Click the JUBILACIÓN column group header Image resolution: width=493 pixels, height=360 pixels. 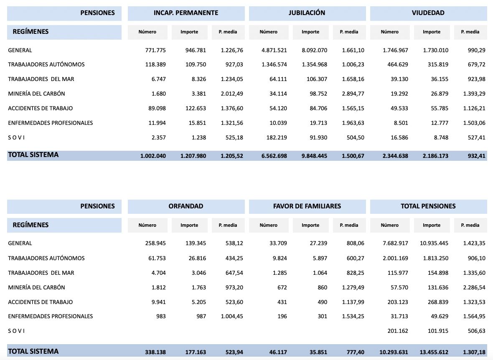(307, 13)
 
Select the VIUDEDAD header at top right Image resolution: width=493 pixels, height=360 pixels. (428, 13)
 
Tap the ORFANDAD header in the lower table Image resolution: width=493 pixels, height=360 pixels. (186, 206)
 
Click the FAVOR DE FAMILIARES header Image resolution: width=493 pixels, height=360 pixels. (307, 206)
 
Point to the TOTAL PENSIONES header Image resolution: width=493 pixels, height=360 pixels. (428, 206)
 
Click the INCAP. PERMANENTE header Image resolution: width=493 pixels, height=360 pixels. (186, 13)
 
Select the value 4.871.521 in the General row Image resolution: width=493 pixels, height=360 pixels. (274, 51)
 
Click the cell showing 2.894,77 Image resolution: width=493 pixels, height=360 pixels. (353, 94)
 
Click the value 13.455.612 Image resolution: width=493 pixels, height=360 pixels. (435, 352)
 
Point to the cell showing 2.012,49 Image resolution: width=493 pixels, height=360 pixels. (231, 94)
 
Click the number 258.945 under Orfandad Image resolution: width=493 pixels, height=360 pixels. (155, 243)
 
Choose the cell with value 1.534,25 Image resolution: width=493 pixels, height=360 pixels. (353, 316)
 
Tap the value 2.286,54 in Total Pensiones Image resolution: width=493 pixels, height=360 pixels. (473, 287)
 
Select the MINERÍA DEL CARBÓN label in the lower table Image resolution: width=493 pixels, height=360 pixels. (36, 287)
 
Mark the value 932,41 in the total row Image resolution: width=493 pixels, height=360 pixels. (477, 156)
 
